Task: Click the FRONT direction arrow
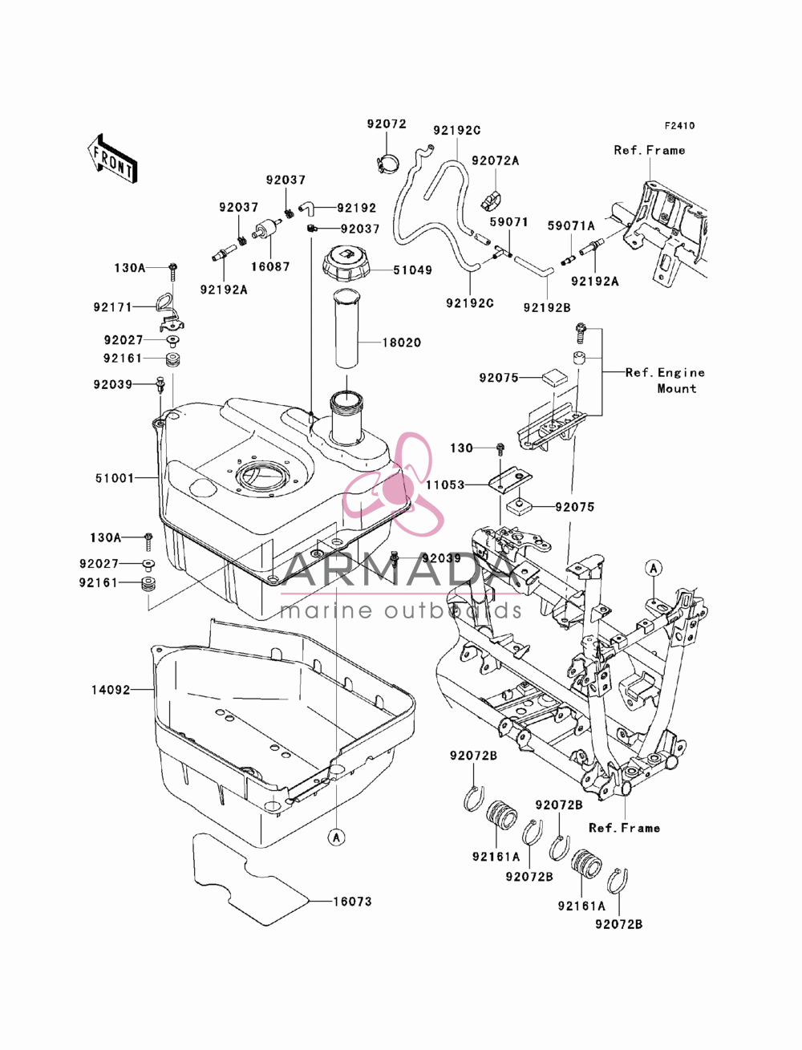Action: tap(112, 160)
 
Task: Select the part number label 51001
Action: tap(115, 478)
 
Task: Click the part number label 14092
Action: tap(111, 690)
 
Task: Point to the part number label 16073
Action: tap(352, 902)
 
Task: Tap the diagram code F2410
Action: tap(679, 126)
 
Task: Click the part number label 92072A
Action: tap(495, 160)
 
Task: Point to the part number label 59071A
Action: tap(571, 225)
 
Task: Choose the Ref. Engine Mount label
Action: tap(665, 380)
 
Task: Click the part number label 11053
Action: tap(445, 484)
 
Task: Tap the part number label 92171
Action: tap(112, 307)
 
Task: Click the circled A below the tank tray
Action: tap(337, 837)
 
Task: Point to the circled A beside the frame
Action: tap(654, 568)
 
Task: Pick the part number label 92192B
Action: tap(547, 307)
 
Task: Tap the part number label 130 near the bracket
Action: tap(461, 448)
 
